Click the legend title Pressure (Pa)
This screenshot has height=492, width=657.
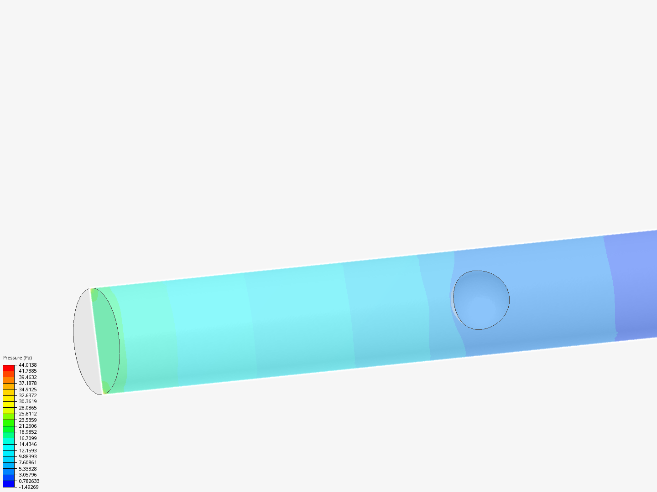tap(17, 358)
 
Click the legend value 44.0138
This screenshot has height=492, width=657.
tap(27, 365)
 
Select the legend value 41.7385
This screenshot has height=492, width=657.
tap(27, 371)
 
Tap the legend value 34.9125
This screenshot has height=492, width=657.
tap(27, 389)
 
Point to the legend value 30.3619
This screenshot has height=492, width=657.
tap(27, 401)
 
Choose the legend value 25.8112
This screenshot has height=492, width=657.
tap(27, 414)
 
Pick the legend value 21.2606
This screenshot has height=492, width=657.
tap(27, 426)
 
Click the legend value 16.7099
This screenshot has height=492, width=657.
tap(27, 438)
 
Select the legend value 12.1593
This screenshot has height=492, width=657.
tap(27, 451)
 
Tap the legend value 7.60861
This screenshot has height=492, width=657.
tap(27, 462)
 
